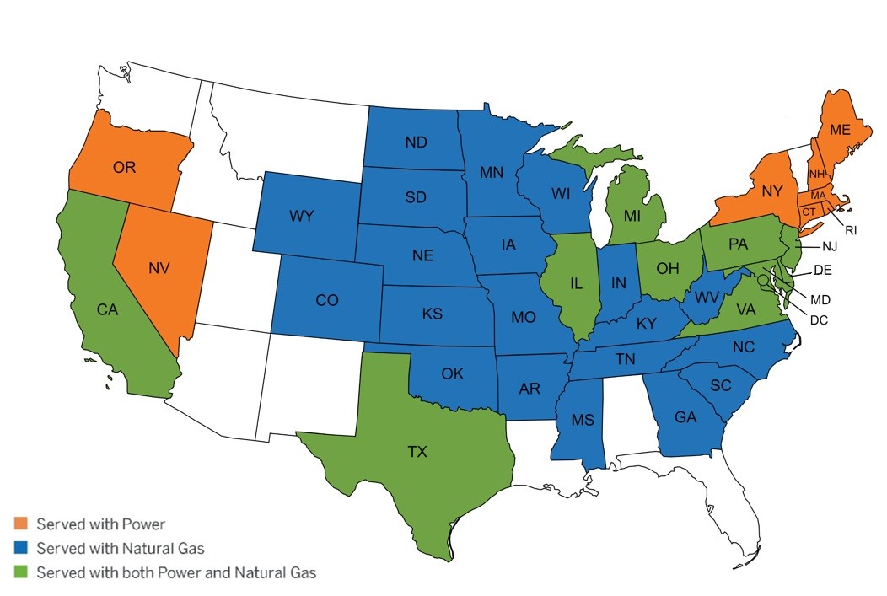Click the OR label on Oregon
tap(124, 167)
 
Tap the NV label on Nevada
tap(159, 268)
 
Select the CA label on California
tap(107, 309)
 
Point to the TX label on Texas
tap(417, 452)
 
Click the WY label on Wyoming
tap(301, 217)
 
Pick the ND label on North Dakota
tap(415, 142)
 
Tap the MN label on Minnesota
tap(492, 173)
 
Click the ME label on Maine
tap(840, 130)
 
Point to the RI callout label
tap(851, 229)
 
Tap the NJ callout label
tap(830, 247)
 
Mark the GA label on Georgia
tap(685, 416)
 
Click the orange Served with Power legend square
tap(22, 524)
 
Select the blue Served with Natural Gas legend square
tap(22, 549)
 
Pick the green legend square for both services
tap(22, 573)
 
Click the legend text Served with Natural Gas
tap(121, 549)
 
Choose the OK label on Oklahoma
tap(452, 373)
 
